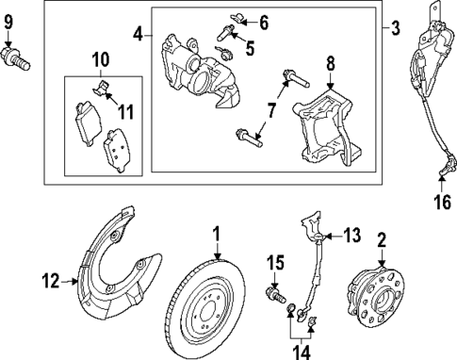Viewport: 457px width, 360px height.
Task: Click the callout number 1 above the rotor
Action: [x=216, y=232]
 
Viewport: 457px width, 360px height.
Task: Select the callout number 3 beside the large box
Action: [x=395, y=30]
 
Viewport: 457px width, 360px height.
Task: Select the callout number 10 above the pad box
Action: [x=100, y=62]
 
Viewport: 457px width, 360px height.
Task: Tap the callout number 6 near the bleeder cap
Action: [x=264, y=21]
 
